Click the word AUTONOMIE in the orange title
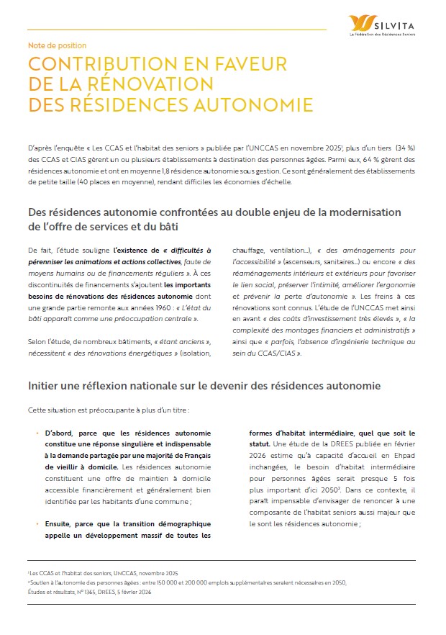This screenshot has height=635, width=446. (252, 104)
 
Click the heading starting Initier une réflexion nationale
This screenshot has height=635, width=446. (204, 386)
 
